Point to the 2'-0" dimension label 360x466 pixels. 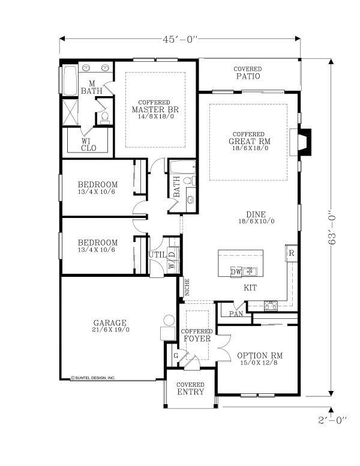point(332,420)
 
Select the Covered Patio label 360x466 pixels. point(247,73)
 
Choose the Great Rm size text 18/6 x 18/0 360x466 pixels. point(248,148)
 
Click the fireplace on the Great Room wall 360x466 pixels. point(304,142)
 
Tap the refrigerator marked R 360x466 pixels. point(291,253)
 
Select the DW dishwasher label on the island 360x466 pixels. point(236,271)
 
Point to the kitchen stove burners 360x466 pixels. point(271,305)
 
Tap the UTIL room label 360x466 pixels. point(157,255)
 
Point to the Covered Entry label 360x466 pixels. point(190,389)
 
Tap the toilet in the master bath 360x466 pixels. point(104,116)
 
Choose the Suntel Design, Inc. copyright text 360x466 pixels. point(93,378)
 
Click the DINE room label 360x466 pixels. point(256,214)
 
